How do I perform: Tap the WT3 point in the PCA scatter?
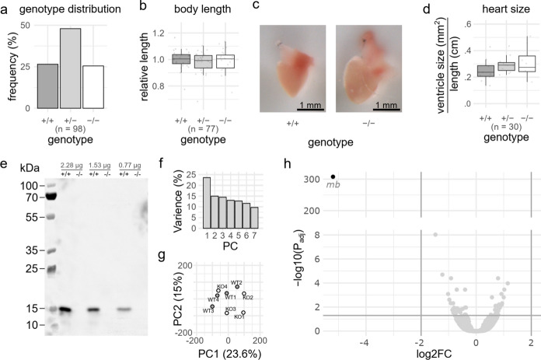[212, 307]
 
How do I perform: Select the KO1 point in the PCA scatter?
[243, 313]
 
